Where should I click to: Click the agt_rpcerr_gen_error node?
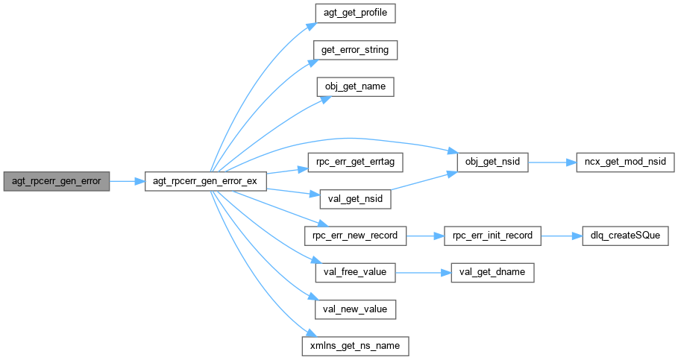point(57,180)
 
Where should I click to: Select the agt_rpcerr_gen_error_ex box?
point(205,180)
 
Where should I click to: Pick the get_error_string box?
point(355,50)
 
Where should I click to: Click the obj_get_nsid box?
point(493,161)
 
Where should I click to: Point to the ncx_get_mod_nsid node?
point(625,161)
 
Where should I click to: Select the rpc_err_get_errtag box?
point(355,161)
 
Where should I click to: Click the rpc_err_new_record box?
point(355,236)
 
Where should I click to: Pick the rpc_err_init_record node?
point(493,236)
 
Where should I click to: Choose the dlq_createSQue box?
point(625,236)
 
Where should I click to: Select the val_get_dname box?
point(493,272)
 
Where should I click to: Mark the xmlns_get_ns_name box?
point(355,346)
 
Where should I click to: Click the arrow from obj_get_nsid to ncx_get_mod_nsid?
point(552,161)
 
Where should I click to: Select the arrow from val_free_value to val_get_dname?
point(423,272)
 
